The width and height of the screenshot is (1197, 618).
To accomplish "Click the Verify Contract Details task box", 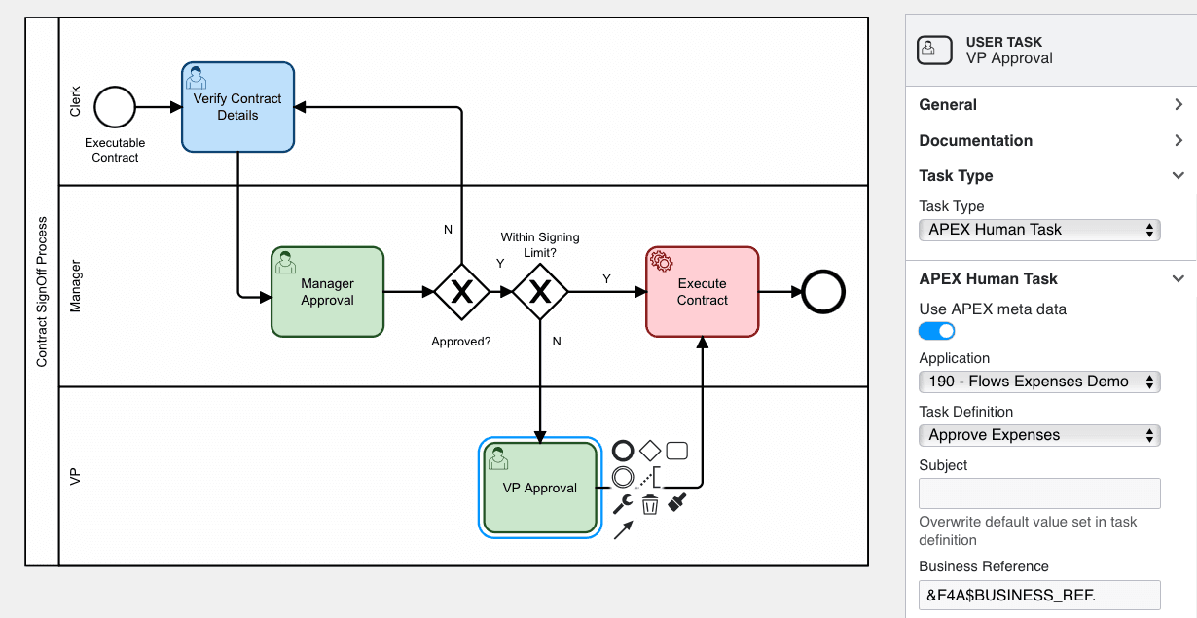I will point(237,107).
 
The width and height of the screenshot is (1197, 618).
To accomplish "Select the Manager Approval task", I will point(327,292).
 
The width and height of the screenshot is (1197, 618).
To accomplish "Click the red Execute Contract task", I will point(702,292).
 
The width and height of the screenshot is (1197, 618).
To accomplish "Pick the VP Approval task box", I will point(539,488).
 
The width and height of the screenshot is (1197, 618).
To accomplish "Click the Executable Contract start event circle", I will point(115,106).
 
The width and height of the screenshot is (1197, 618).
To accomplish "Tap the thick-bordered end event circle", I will point(822,291).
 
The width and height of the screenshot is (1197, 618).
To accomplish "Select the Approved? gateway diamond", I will point(460,291).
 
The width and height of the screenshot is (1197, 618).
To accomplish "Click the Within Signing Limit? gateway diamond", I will point(539,291).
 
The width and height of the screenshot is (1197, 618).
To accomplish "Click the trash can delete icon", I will point(650,504).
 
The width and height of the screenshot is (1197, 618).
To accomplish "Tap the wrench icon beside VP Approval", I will point(623,504).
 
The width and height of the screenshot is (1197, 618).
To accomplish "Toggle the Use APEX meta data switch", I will point(937,331).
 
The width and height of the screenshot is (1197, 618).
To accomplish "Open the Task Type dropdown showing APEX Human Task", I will point(1039,230).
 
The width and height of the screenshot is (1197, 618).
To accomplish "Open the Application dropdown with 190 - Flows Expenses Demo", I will point(1039,382).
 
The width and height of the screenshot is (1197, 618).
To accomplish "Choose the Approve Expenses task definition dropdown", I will point(1039,435).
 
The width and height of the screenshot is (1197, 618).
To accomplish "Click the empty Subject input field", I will point(1039,492).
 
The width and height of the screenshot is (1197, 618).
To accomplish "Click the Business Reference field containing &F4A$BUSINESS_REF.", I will point(1039,595).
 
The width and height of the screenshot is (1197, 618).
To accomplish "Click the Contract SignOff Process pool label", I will point(42,292).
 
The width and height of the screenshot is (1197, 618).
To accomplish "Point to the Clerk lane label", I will point(76,101).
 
